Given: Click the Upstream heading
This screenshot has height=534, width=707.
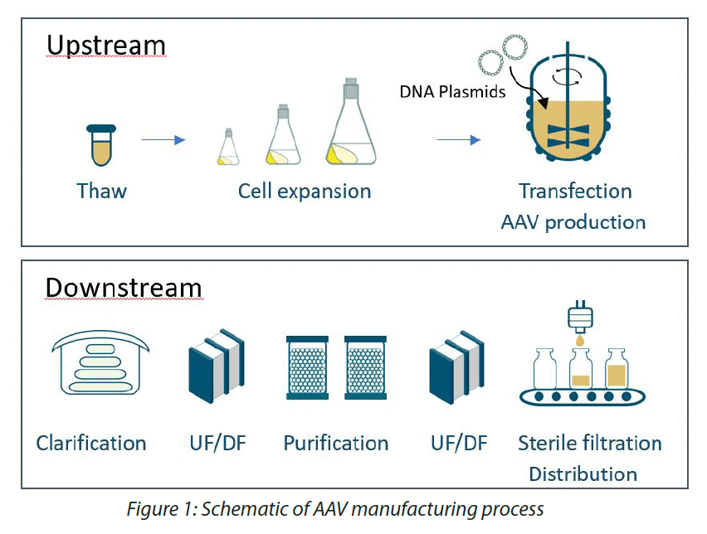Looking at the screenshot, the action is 106,46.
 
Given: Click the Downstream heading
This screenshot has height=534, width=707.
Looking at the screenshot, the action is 124,288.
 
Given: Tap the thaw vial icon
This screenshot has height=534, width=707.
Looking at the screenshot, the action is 101,145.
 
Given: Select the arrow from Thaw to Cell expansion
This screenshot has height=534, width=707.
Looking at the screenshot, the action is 163,139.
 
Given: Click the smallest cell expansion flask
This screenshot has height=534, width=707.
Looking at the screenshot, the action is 228,147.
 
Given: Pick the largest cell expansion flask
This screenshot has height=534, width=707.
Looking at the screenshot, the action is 351,122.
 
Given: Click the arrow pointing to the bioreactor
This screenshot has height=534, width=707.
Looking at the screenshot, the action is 459,139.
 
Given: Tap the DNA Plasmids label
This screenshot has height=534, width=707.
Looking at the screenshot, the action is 452,91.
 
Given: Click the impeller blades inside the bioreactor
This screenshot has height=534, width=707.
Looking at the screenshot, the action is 568,136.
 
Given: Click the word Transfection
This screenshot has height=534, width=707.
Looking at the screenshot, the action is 575,191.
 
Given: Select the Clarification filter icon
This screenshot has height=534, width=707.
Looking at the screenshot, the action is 100,362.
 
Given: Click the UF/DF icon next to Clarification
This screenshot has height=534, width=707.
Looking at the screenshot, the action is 217,366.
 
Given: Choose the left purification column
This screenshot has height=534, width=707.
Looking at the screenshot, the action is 308,367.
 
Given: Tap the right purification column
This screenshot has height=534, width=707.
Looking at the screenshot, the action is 366,367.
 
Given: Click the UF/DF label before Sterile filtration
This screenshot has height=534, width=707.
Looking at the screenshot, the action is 459,443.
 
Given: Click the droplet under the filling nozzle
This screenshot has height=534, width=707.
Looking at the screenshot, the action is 580,340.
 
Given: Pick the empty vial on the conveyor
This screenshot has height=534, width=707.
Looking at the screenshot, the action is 544,368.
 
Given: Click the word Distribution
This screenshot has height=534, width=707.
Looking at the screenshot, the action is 583,474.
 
